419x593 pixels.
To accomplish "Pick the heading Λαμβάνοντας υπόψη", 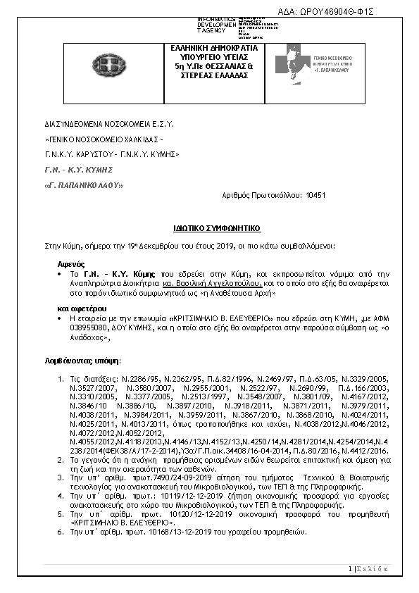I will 77,360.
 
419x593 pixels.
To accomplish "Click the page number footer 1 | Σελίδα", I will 369,568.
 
